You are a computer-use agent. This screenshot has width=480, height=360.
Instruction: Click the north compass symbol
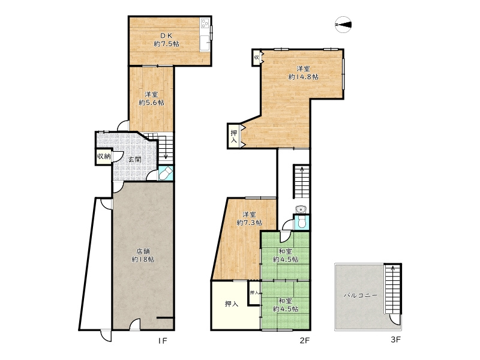tap(343, 25)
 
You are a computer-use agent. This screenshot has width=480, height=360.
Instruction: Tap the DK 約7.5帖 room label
tap(166, 40)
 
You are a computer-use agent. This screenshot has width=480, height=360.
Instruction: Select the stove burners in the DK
tap(205, 23)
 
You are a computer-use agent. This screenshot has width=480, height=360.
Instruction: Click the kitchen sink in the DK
tap(205, 43)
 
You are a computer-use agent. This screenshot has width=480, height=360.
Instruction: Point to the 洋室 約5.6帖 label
tap(151, 98)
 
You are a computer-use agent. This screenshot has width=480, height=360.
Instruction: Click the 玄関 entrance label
tap(134, 159)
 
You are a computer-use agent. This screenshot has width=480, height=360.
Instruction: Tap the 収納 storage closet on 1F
tap(104, 156)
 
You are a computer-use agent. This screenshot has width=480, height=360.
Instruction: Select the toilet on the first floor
tap(166, 173)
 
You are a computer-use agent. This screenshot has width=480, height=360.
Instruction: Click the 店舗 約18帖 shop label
tap(143, 256)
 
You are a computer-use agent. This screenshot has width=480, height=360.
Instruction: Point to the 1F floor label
tap(163, 340)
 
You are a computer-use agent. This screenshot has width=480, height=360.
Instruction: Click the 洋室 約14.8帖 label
tap(303, 73)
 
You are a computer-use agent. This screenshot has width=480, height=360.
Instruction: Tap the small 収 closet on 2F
tap(256, 57)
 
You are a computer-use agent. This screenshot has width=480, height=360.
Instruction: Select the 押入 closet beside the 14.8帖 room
tap(234, 137)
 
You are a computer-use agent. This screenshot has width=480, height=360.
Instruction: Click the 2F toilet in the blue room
tap(302, 223)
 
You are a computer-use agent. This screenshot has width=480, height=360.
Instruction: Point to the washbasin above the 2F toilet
tap(302, 209)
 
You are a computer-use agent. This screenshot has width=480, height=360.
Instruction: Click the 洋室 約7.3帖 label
tap(249, 218)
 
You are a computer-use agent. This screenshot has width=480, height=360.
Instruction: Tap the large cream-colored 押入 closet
tap(232, 304)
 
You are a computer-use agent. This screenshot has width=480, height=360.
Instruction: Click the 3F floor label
tap(396, 340)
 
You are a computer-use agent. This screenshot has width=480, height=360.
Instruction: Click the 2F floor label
tap(305, 340)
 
